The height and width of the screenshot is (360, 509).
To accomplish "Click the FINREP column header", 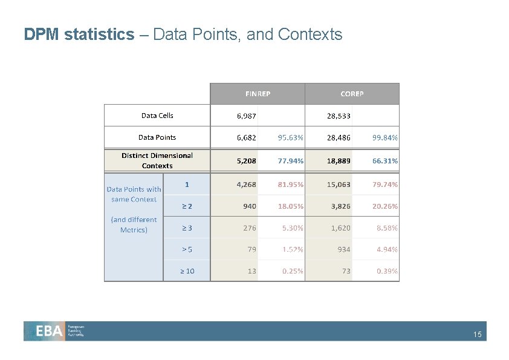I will click(258, 94).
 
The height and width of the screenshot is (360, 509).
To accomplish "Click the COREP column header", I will click(352, 94).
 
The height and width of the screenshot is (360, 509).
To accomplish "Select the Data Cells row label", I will click(157, 115).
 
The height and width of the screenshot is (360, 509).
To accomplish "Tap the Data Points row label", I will click(157, 137).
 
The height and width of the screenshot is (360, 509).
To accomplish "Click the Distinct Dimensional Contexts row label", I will click(157, 160).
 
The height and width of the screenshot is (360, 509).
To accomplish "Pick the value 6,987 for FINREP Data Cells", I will click(246, 116).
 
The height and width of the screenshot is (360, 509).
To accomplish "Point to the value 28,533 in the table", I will click(339, 116).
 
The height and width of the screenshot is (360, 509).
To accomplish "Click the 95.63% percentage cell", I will click(291, 138).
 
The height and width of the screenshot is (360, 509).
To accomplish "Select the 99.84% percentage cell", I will click(385, 138).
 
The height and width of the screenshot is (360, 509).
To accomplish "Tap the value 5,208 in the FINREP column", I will click(246, 161).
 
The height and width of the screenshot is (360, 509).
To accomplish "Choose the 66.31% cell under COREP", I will click(385, 161).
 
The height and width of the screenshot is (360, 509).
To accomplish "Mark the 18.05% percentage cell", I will click(291, 206).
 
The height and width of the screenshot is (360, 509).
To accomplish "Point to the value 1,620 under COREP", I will click(340, 228).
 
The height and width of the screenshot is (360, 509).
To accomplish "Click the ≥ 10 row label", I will click(187, 271).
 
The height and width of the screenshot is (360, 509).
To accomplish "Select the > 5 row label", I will click(187, 249).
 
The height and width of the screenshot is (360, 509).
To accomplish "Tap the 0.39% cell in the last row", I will click(387, 271).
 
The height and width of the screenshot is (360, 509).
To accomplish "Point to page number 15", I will click(478, 335).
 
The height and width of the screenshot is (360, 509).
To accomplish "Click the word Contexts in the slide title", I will click(310, 34).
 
